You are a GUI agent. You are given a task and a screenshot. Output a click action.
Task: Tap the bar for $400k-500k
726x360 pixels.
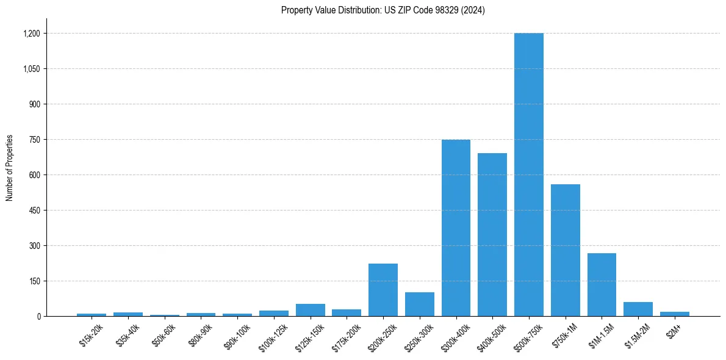pyautogui.click(x=492, y=234)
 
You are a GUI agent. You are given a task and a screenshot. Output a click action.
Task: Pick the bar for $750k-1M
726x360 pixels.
pyautogui.click(x=565, y=250)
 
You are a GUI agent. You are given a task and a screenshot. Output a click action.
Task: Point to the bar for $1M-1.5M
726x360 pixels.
pyautogui.click(x=602, y=284)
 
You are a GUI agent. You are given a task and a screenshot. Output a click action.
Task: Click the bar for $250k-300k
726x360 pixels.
pyautogui.click(x=419, y=304)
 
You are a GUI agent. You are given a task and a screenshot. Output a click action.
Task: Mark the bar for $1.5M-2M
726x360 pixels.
pyautogui.click(x=638, y=309)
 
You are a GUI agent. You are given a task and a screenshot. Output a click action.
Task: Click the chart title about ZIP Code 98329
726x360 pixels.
pyautogui.click(x=383, y=10)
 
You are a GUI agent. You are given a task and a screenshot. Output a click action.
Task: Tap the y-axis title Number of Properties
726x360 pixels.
pyautogui.click(x=10, y=168)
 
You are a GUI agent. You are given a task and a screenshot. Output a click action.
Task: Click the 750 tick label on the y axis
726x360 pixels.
pyautogui.click(x=34, y=140)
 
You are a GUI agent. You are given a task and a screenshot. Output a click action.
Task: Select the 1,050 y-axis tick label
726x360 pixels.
pyautogui.click(x=31, y=69)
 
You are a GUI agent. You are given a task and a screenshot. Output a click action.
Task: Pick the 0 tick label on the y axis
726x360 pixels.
pyautogui.click(x=38, y=317)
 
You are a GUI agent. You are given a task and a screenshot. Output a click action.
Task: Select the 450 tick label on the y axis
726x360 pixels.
pyautogui.click(x=34, y=211)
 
